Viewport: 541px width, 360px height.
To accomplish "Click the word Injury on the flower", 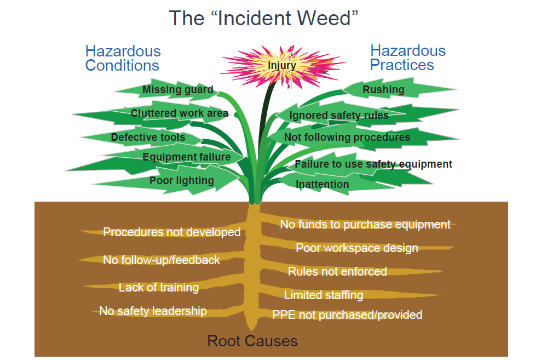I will pyautogui.click(x=281, y=66).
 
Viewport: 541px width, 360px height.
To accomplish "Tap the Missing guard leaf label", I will pyautogui.click(x=177, y=90).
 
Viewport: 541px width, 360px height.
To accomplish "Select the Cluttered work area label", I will pyautogui.click(x=179, y=113).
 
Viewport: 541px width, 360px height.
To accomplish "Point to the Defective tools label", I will pyautogui.click(x=148, y=137).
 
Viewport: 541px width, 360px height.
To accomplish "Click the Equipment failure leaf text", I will pyautogui.click(x=186, y=158).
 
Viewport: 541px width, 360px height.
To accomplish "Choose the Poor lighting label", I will pyautogui.click(x=181, y=180).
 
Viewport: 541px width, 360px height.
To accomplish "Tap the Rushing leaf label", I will pyautogui.click(x=383, y=89).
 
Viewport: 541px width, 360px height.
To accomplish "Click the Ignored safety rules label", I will pyautogui.click(x=339, y=116).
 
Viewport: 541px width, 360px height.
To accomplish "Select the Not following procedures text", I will pyautogui.click(x=347, y=137).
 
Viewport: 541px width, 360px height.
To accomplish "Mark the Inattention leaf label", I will pyautogui.click(x=322, y=184).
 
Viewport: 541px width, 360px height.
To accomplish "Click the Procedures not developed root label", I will pyautogui.click(x=171, y=232).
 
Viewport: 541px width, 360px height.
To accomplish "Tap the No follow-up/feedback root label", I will pyautogui.click(x=161, y=260).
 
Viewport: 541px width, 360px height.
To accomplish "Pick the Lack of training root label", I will pyautogui.click(x=158, y=287).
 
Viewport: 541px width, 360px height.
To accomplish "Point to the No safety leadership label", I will pyautogui.click(x=153, y=311).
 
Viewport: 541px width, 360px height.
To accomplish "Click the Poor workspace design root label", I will pyautogui.click(x=356, y=248).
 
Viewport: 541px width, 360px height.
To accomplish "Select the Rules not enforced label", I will pyautogui.click(x=337, y=271).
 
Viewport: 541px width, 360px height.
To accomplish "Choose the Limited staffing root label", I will pyautogui.click(x=323, y=295).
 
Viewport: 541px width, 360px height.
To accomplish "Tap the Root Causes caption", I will pyautogui.click(x=252, y=341).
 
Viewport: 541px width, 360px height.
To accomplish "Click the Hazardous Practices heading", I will pyautogui.click(x=407, y=58).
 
